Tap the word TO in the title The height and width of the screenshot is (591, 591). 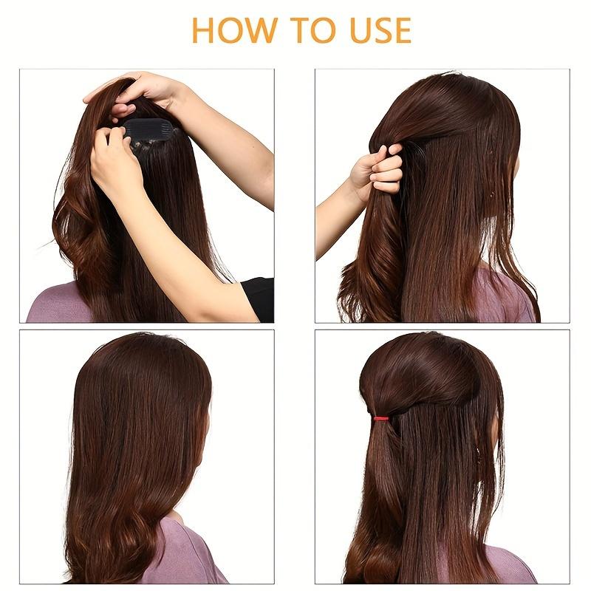pyautogui.click(x=312, y=30)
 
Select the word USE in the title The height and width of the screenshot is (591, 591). pyautogui.click(x=378, y=30)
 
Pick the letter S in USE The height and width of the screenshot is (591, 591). pyautogui.click(x=378, y=30)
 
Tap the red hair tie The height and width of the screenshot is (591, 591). pyautogui.click(x=380, y=419)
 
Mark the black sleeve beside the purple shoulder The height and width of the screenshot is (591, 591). pyautogui.click(x=259, y=299)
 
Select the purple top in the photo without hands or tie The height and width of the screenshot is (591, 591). pyautogui.click(x=185, y=554)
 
